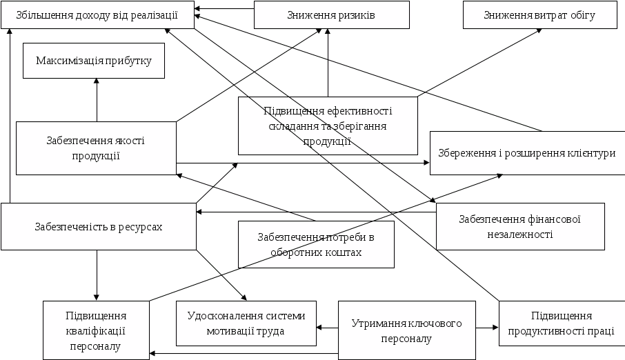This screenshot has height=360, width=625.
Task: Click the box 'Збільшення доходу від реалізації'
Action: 97,14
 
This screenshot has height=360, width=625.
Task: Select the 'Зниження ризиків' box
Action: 331,14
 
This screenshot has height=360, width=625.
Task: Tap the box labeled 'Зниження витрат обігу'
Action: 539,14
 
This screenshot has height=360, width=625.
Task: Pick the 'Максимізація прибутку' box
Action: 94,61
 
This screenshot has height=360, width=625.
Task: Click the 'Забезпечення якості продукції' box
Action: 95,148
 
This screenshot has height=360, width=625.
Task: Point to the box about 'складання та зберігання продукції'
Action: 328,126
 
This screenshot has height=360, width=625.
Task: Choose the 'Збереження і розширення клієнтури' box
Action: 526,153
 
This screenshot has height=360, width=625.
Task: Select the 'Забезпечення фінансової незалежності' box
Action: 520,226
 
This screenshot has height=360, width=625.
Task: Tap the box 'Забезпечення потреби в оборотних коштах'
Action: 316,245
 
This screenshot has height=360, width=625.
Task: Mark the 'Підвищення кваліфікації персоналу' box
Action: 95,330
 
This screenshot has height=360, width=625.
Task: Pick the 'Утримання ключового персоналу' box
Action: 406,330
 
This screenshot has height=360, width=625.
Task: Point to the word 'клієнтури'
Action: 591,153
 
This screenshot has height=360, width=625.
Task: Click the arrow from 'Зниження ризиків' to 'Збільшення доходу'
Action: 224,10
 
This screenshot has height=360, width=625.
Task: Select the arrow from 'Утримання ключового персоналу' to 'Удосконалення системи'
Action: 327,328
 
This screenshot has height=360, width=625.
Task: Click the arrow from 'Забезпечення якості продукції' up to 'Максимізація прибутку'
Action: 97,100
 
